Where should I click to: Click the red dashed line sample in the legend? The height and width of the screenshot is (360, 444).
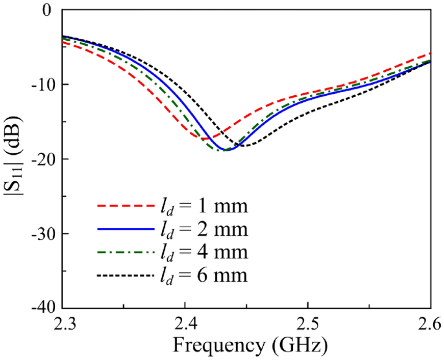pyautogui.click(x=124, y=207)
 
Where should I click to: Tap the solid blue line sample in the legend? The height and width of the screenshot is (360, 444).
pyautogui.click(x=124, y=230)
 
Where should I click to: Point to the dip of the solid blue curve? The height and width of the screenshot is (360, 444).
pyautogui.click(x=225, y=150)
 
